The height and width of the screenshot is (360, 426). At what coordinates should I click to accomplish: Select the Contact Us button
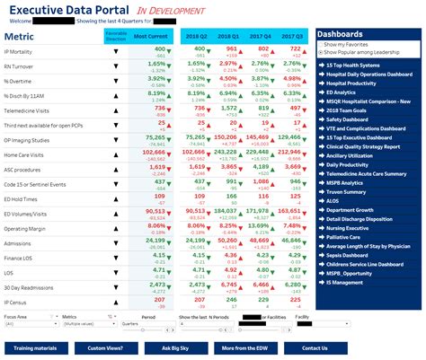[x=315, y=347]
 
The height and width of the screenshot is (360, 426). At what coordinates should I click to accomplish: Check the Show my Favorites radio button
[x=321, y=44]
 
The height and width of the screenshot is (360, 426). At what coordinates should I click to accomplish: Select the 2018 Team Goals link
[x=350, y=110]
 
